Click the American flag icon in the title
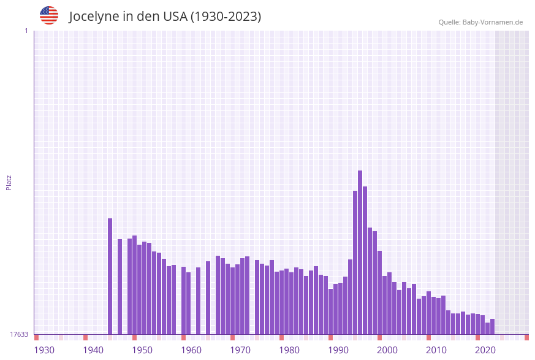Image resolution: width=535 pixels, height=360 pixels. tap(49, 15)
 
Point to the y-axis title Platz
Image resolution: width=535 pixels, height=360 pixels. tap(9, 182)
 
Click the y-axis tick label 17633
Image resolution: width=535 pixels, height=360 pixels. tap(19, 334)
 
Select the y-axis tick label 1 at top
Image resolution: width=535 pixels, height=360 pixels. tap(26, 31)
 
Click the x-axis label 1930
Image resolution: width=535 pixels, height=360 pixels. tap(44, 350)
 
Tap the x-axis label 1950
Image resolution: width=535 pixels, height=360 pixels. tap(142, 350)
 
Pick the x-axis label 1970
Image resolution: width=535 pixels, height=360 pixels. tap(240, 350)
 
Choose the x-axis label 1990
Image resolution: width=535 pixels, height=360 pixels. tap(338, 350)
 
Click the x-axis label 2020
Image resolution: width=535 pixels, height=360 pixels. tap(485, 350)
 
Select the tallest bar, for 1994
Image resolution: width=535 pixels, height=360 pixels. tap(360, 252)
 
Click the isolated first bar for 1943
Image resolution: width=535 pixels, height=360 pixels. tap(110, 276)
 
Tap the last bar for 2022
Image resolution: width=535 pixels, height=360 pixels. tap(493, 326)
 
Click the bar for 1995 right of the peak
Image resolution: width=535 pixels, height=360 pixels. tap(365, 260)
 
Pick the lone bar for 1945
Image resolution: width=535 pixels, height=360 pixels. tap(120, 286)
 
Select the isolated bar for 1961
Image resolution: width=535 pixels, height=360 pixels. tap(199, 301)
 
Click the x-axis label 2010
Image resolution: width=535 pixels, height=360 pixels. tap(436, 350)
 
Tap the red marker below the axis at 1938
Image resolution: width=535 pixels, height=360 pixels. tap(86, 337)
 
